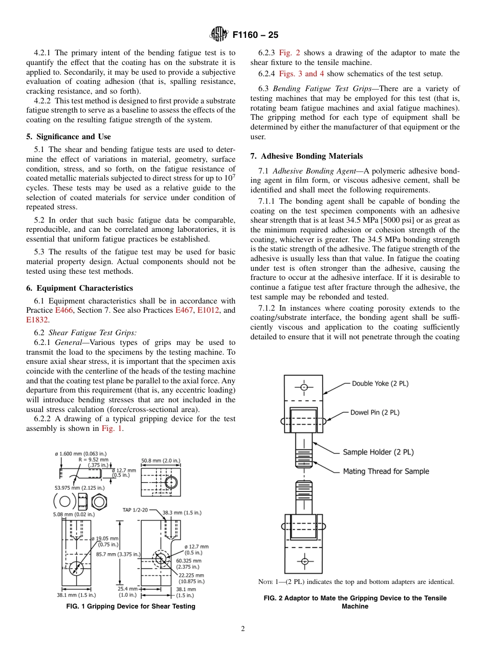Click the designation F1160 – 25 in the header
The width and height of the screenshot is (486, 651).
pyautogui.click(x=255, y=35)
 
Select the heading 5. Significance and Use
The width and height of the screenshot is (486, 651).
pyautogui.click(x=69, y=137)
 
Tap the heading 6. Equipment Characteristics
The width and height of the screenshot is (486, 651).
pyautogui.click(x=79, y=288)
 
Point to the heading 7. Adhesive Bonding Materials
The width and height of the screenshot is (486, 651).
pyautogui.click(x=306, y=156)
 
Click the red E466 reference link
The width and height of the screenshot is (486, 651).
pyautogui.click(x=64, y=310)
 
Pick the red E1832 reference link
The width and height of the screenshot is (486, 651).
pyautogui.click(x=37, y=320)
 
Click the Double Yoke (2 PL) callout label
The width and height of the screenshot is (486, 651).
pyautogui.click(x=380, y=383)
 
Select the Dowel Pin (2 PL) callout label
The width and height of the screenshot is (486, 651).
pyautogui.click(x=375, y=412)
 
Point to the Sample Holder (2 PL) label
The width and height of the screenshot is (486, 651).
pyautogui.click(x=378, y=452)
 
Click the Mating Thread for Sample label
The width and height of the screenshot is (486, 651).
pyautogui.click(x=386, y=471)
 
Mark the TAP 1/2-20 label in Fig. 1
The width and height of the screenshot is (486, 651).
pyautogui.click(x=135, y=510)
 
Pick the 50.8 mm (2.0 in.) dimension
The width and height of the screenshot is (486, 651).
pyautogui.click(x=161, y=461)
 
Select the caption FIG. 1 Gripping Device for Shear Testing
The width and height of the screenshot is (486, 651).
pyautogui.click(x=131, y=606)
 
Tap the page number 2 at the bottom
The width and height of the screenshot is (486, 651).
pyautogui.click(x=243, y=629)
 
